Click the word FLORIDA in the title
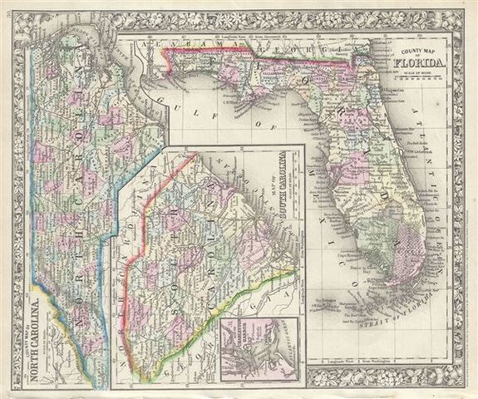pyautogui.click(x=420, y=61)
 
